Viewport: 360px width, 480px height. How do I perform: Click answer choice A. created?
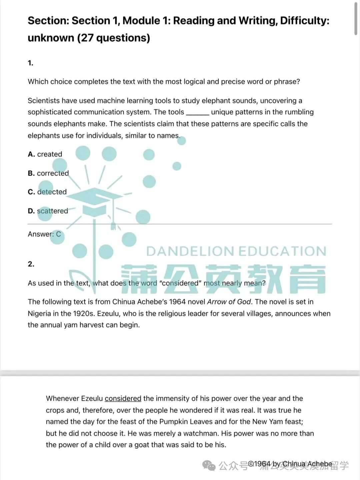[45, 154]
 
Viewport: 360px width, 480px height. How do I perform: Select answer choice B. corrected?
[48, 173]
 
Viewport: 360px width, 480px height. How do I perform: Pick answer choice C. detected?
[47, 192]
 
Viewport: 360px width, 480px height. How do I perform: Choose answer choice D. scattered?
[48, 211]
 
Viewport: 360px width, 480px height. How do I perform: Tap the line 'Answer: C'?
[44, 234]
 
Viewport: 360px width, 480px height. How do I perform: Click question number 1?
[30, 63]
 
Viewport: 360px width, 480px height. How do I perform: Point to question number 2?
[31, 264]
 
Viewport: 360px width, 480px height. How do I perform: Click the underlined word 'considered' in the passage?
[123, 398]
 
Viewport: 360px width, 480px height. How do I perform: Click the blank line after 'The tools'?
[198, 112]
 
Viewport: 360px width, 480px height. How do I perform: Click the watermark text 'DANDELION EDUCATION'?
[236, 251]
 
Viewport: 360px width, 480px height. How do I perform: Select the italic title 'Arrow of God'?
[229, 302]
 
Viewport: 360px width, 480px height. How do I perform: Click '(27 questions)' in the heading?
[113, 38]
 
